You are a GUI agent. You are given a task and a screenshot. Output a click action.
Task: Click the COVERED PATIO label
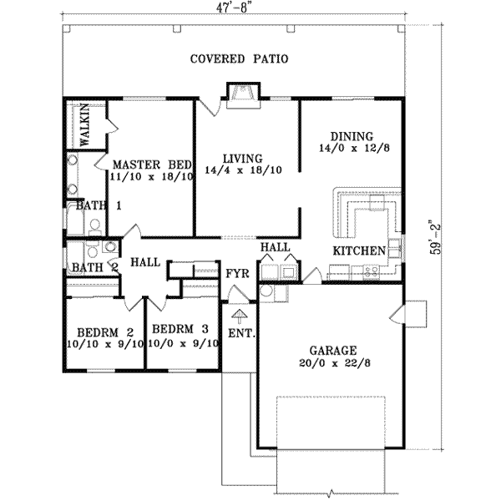(239, 59)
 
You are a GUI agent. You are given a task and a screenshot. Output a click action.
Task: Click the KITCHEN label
(359, 250)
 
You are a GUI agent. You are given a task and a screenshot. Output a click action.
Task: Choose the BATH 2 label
(93, 267)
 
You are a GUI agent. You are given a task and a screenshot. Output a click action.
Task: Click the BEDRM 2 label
(105, 328)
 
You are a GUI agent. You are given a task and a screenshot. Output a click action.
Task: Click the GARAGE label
(331, 351)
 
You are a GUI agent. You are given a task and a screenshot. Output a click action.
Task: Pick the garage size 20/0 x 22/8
(331, 364)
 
